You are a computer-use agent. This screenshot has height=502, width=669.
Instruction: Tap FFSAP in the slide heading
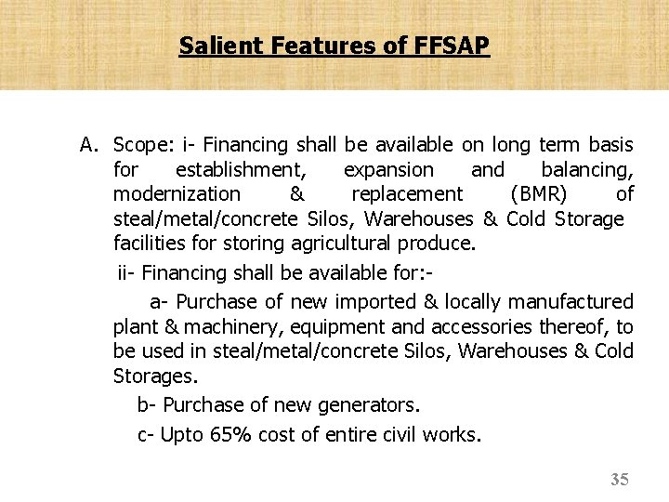tap(448, 45)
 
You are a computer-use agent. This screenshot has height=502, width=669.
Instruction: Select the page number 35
tap(620, 480)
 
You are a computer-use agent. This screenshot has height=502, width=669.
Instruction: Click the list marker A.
tap(89, 145)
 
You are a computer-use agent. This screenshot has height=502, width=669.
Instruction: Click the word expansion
tap(388, 170)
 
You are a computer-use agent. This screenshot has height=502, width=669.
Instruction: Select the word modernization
tap(177, 194)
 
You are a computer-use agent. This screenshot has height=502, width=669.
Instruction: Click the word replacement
tap(407, 194)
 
